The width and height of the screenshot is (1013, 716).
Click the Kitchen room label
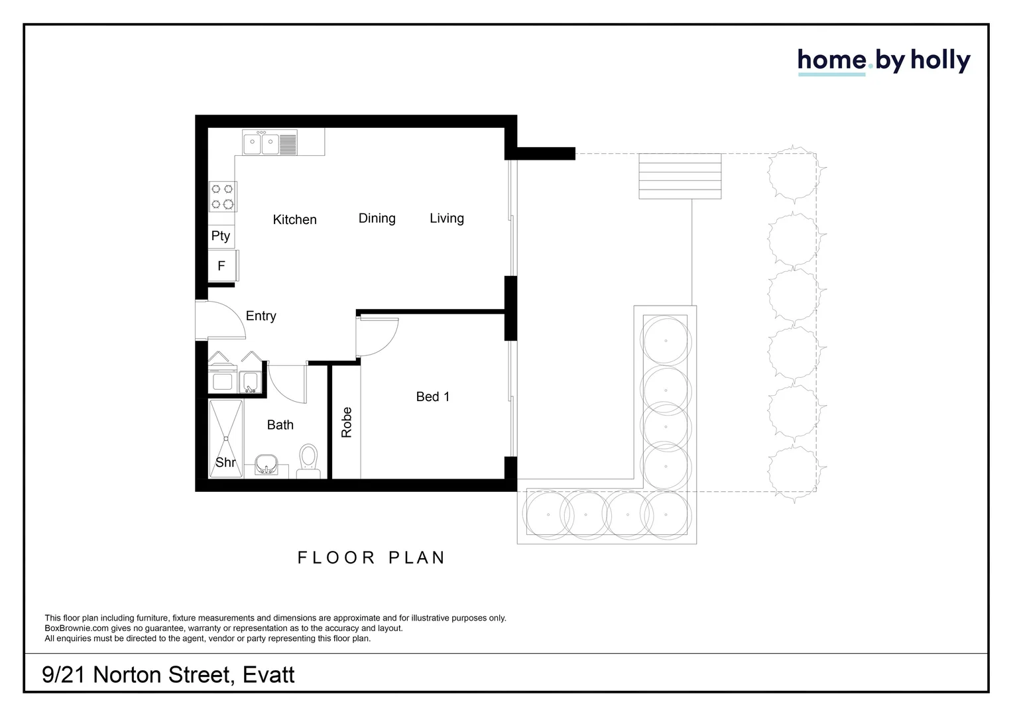click(x=294, y=219)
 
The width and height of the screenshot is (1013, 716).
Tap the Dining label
click(x=377, y=218)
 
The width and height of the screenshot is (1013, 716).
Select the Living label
click(x=446, y=218)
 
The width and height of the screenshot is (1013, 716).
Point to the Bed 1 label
click(x=432, y=396)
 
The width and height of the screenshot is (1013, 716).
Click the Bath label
click(x=280, y=425)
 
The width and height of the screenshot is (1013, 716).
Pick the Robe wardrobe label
click(x=346, y=422)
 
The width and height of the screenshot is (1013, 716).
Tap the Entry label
click(x=261, y=316)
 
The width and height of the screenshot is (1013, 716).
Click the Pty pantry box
click(x=221, y=236)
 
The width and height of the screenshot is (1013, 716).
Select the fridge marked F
click(x=222, y=266)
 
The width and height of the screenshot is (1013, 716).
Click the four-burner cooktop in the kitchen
click(x=223, y=196)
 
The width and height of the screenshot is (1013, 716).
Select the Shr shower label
click(x=225, y=462)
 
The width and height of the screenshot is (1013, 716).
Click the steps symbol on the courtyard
click(x=680, y=176)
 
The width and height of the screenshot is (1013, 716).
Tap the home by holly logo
click(x=883, y=61)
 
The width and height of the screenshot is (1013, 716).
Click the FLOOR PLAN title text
click(x=371, y=558)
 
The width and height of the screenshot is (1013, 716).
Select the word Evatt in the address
click(x=268, y=675)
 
